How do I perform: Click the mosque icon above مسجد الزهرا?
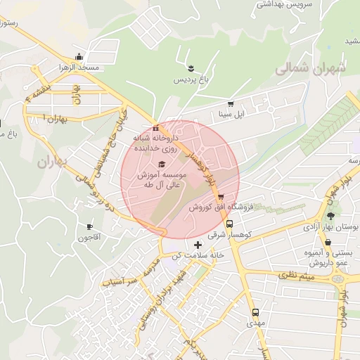click(x=79, y=58)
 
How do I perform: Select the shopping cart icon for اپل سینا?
click(x=230, y=104)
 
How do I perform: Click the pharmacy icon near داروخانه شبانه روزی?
click(x=155, y=128)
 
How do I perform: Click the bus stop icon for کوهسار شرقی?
click(x=230, y=225)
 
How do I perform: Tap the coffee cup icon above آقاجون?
click(x=89, y=226)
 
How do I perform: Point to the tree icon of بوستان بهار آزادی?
click(x=330, y=216)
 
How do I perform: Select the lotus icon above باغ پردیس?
click(x=191, y=67)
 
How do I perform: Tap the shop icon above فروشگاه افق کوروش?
click(x=221, y=197)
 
